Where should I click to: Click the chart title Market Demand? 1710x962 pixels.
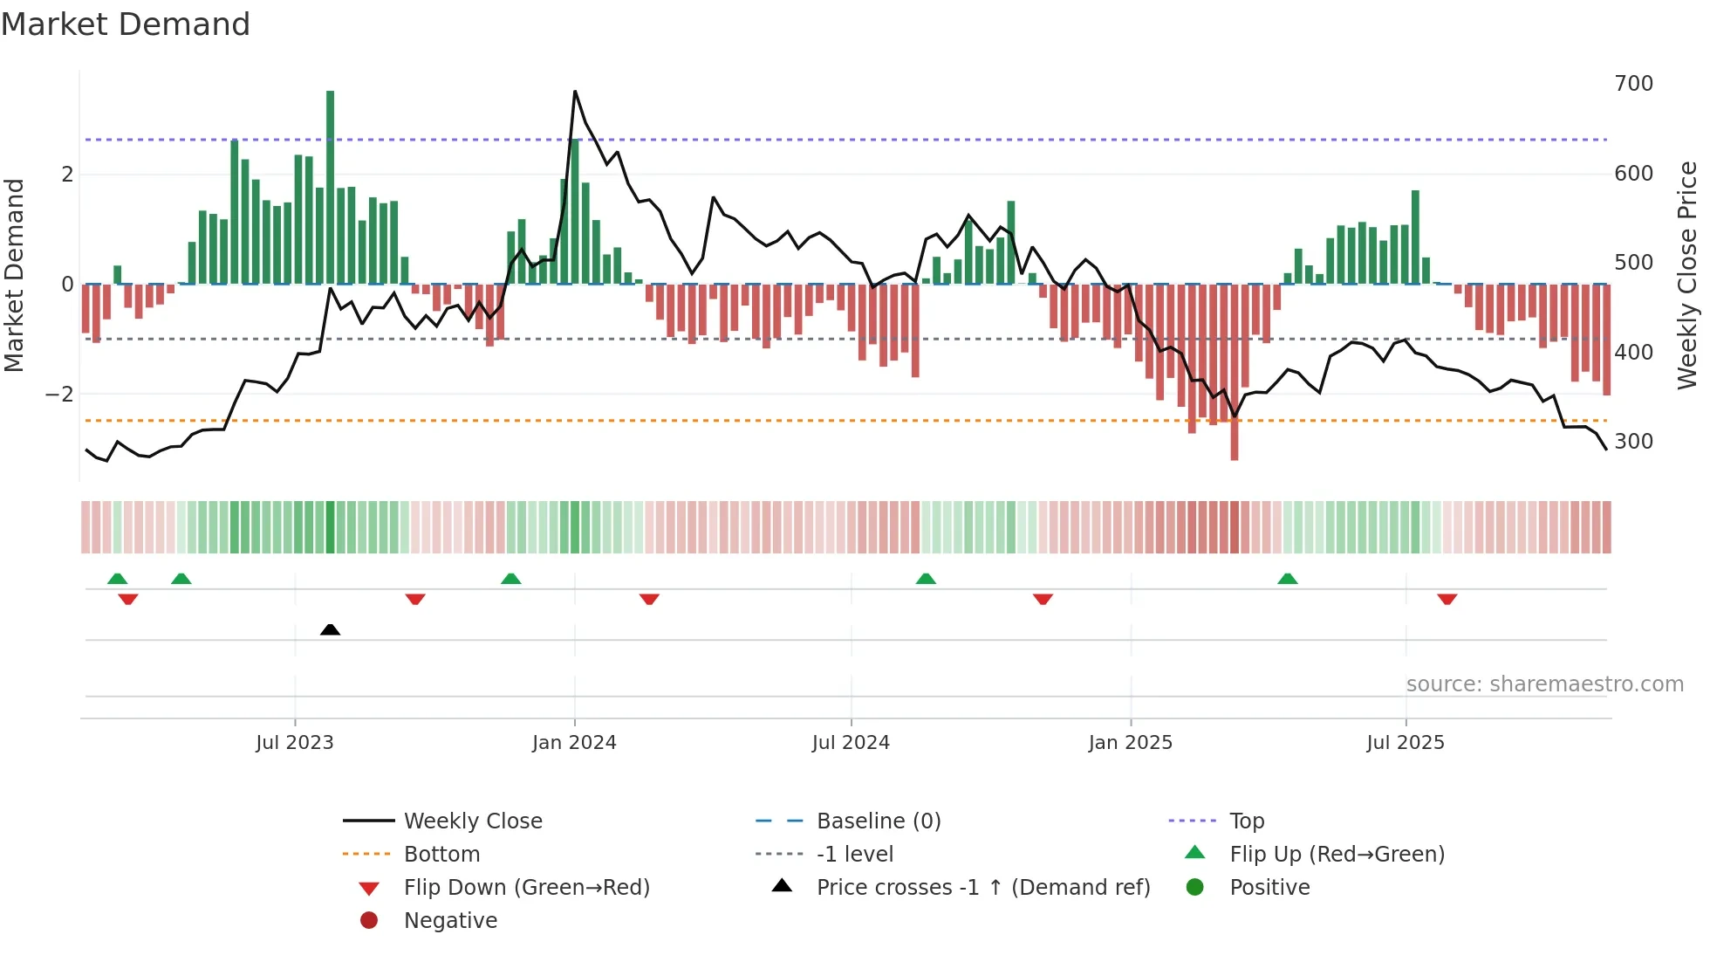tap(126, 24)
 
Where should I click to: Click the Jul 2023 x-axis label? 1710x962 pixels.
tap(294, 743)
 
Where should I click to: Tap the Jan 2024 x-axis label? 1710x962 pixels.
tap(574, 743)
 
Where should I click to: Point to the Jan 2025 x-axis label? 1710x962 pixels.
tap(1130, 743)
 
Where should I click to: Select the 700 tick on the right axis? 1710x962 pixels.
tap(1633, 84)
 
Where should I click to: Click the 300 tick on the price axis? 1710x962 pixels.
tap(1633, 442)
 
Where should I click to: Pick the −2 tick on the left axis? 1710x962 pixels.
tap(59, 395)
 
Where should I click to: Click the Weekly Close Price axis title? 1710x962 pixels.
tap(1687, 275)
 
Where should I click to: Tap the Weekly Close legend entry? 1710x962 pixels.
tap(472, 821)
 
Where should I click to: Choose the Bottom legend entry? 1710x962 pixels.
tap(441, 855)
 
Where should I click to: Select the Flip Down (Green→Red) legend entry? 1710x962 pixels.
tap(526, 888)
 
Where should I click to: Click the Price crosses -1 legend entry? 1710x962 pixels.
tap(982, 888)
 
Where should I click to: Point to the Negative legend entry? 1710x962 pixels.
tap(450, 921)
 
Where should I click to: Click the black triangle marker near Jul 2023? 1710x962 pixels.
tap(330, 629)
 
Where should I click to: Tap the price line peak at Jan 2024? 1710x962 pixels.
tap(575, 92)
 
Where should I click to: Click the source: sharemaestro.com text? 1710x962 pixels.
tap(1544, 684)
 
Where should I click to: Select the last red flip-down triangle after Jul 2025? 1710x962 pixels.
tap(1447, 600)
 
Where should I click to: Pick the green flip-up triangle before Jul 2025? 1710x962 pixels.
tap(1287, 579)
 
